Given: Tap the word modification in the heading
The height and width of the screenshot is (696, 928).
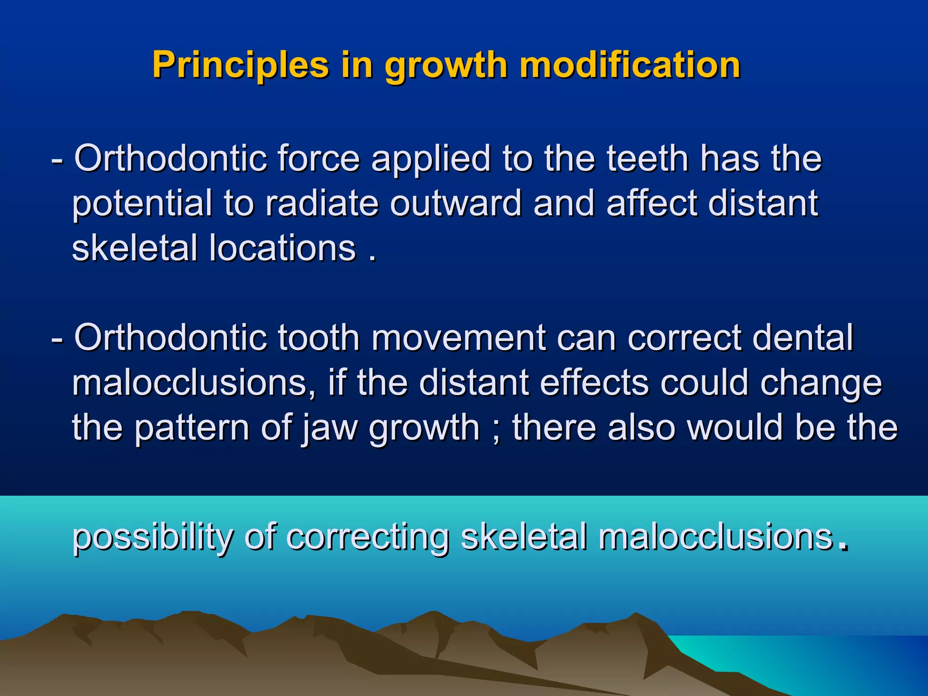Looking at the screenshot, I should click(630, 65).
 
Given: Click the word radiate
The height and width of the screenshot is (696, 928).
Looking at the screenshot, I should click(322, 203).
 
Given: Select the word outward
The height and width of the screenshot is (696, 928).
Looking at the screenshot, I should click(456, 203).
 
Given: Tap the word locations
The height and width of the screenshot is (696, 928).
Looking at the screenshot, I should click(282, 248).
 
